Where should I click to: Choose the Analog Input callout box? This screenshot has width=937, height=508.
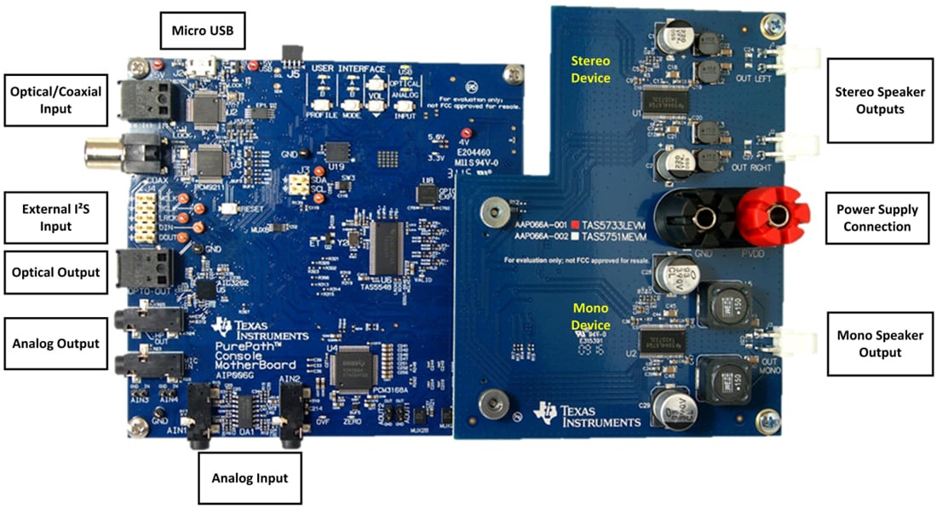coord(250,477)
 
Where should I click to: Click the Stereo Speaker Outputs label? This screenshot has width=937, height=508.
coord(881,98)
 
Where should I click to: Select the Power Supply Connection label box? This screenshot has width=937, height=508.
coord(881,216)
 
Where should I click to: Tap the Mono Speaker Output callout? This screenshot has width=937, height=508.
coord(881,343)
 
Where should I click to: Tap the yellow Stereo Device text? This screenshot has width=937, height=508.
coord(591,67)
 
